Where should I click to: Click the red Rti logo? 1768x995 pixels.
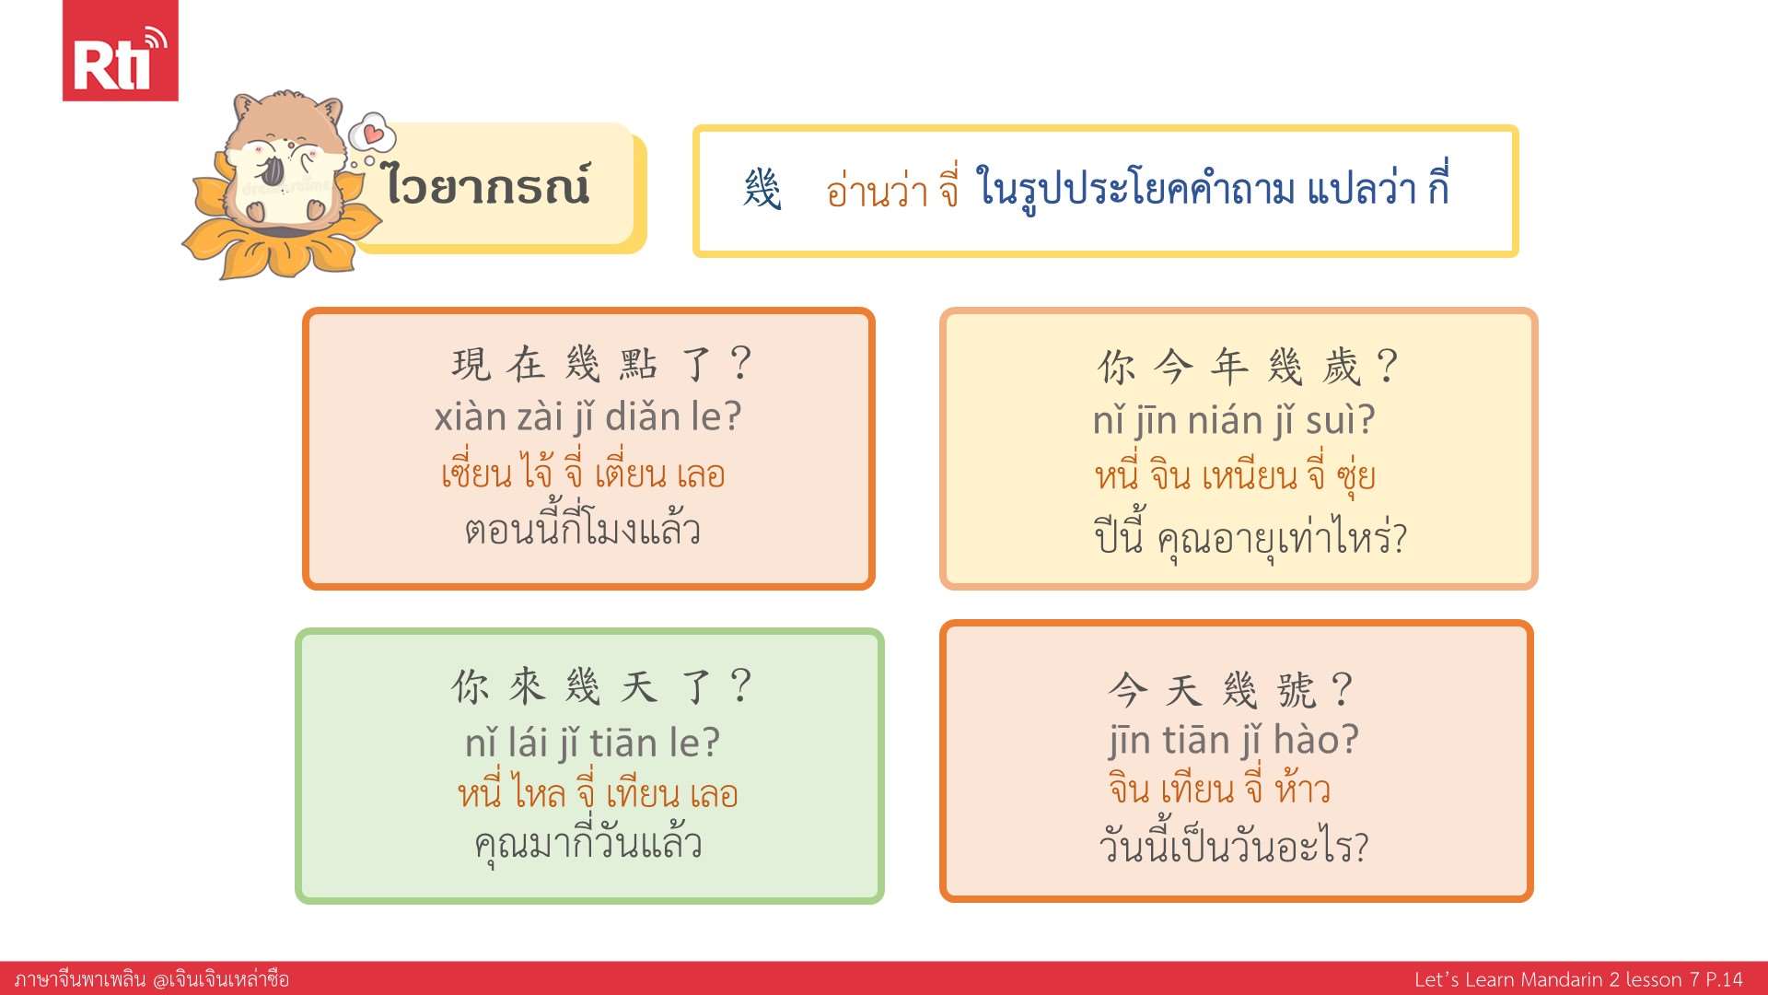click(x=120, y=50)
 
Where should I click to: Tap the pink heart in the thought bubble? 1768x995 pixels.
click(x=373, y=135)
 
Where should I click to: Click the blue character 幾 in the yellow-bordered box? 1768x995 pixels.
click(x=762, y=190)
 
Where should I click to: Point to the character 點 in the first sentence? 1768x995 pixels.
click(x=638, y=364)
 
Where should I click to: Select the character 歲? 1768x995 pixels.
click(x=1342, y=368)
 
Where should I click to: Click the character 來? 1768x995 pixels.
click(x=528, y=686)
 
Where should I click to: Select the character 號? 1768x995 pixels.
click(x=1297, y=690)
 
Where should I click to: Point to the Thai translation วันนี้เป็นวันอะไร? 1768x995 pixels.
click(x=1234, y=845)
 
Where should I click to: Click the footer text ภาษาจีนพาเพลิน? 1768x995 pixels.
click(x=80, y=978)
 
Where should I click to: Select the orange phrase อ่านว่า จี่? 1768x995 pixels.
click(x=892, y=188)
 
